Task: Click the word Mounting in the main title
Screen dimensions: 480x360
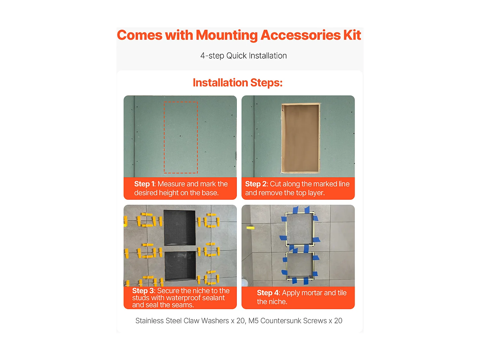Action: click(226, 35)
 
